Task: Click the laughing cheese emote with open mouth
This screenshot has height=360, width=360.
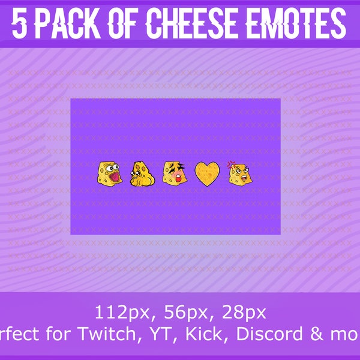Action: [x=108, y=173]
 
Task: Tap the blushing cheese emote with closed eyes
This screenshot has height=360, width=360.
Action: [x=173, y=173]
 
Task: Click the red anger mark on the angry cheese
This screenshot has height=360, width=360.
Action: [x=230, y=164]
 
